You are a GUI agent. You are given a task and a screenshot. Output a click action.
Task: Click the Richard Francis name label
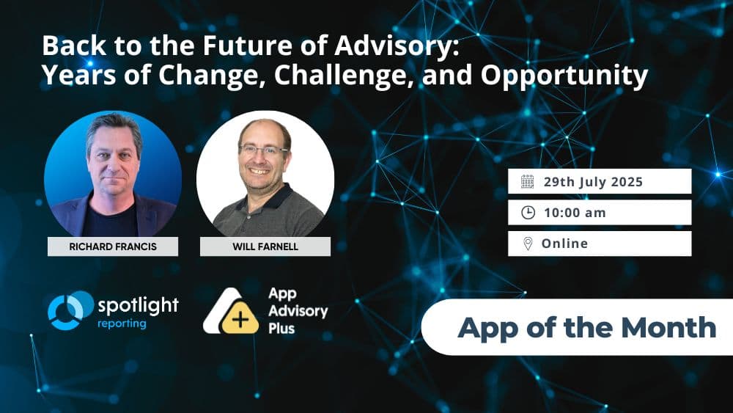[x=112, y=246]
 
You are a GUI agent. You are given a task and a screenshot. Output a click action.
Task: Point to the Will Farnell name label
[x=265, y=246]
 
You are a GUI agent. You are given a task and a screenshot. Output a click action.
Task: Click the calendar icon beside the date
[x=528, y=182]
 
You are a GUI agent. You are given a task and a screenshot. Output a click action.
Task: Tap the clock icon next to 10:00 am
[x=528, y=213]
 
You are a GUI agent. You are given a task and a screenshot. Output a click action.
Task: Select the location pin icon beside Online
[x=528, y=244]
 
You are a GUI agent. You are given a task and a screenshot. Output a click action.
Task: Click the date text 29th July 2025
[x=593, y=182]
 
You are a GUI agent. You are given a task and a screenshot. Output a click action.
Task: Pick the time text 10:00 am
[x=575, y=213]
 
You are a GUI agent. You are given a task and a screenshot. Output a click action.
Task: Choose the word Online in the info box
[x=564, y=244]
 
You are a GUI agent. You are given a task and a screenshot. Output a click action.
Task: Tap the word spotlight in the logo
[x=138, y=304]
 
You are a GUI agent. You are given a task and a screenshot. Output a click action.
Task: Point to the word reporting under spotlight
[x=122, y=324]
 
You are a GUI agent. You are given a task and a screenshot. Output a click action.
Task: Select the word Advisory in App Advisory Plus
[x=298, y=310]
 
